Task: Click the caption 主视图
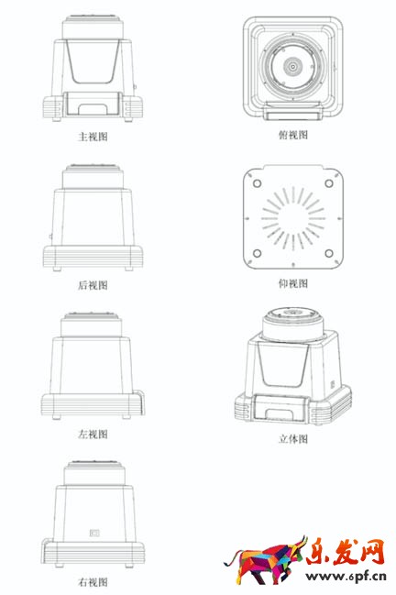[93, 137]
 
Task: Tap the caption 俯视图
[293, 135]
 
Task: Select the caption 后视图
[93, 285]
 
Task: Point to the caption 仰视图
[293, 283]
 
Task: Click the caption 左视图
[93, 434]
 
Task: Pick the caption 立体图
[293, 439]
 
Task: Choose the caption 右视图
[93, 582]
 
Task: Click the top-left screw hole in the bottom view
[258, 183]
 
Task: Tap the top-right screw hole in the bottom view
[329, 183]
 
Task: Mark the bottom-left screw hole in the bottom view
[258, 253]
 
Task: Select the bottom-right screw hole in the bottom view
[329, 253]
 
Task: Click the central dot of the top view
[292, 67]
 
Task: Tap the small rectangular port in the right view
[94, 534]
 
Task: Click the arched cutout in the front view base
[93, 108]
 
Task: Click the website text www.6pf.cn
[346, 577]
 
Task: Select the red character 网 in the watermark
[372, 552]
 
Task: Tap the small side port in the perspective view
[333, 384]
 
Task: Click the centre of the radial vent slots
[292, 218]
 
